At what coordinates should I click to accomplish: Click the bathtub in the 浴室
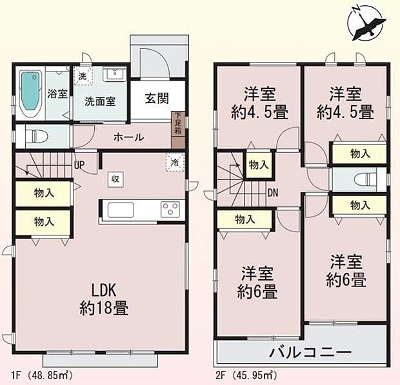[28, 94]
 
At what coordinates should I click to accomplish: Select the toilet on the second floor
[366, 179]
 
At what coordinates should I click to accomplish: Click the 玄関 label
[157, 99]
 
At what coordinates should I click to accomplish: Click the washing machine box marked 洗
[82, 75]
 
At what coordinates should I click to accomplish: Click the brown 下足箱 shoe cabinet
[177, 124]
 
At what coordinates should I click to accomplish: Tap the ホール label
[128, 137]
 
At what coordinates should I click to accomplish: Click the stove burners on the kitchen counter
[172, 210]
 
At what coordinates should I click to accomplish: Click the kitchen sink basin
[121, 210]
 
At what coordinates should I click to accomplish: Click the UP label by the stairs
[80, 165]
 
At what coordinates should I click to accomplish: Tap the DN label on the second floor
[274, 192]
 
